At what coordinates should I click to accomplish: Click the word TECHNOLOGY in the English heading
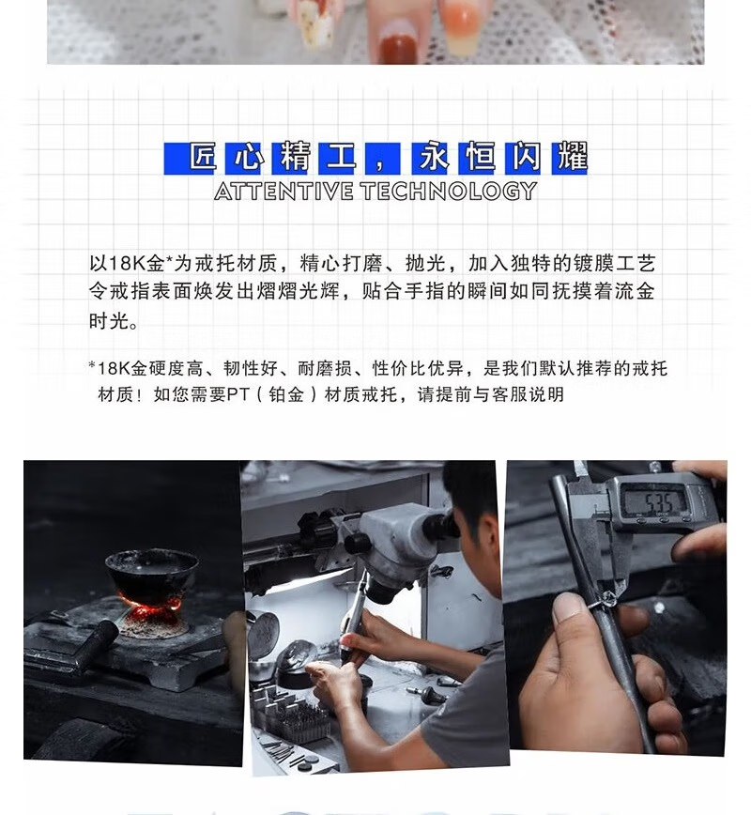coord(449,192)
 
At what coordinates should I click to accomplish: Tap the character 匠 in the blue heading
coord(203,157)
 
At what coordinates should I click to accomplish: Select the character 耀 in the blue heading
coord(572,157)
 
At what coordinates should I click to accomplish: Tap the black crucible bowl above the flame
coord(151,571)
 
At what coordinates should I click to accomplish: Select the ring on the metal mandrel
coord(606,600)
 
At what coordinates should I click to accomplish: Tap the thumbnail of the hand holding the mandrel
coord(566,609)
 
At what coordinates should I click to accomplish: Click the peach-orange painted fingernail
coord(461,23)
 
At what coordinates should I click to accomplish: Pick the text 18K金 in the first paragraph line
coord(128,263)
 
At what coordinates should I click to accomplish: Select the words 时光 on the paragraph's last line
coord(109,321)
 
